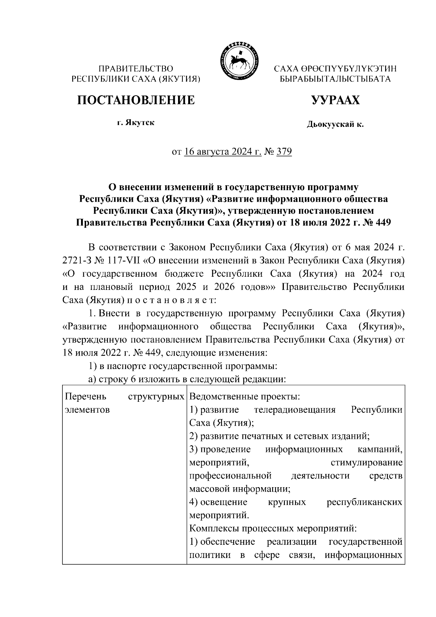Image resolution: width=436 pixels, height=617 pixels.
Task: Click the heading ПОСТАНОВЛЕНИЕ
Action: click(136, 100)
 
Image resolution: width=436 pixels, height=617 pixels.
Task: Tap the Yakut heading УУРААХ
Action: click(335, 100)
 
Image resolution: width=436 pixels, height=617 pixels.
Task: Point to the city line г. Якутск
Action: click(136, 123)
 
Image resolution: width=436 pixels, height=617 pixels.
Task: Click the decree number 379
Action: click(284, 151)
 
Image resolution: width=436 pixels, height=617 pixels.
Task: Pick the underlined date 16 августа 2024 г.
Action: click(223, 151)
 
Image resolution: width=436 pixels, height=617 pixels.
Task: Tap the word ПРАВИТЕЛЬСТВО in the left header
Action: click(136, 68)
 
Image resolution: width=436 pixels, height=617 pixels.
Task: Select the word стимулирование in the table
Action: click(367, 462)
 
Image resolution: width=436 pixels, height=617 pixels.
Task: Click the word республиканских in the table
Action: click(364, 502)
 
